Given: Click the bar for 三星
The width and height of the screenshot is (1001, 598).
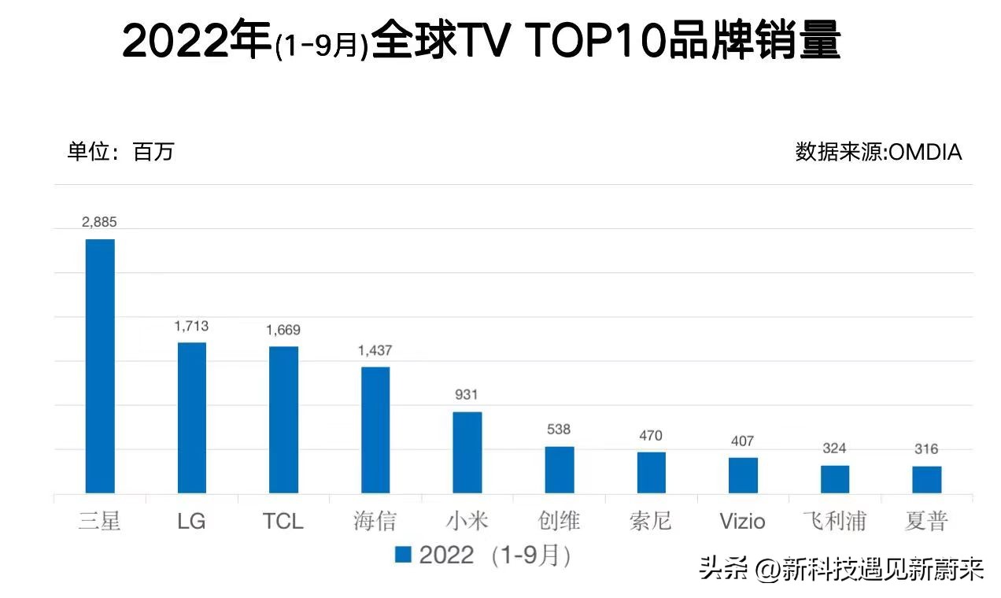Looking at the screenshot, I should pos(100,366).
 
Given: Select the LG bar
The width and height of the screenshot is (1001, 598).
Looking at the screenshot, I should pos(191,418).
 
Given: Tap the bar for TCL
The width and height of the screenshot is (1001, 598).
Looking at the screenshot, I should pos(283,419).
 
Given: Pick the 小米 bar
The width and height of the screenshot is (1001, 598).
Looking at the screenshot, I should pos(467,452).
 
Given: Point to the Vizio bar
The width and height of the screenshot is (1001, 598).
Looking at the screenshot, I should pos(743,475).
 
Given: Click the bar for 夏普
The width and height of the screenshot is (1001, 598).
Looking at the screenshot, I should pos(926,479).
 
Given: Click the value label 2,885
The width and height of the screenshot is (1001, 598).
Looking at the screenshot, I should pos(99,223).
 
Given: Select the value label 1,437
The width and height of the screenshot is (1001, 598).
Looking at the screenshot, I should pos(375,350).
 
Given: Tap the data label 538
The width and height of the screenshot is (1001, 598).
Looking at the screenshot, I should pos(559,430).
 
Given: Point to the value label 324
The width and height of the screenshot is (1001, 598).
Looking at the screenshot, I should pos(834,448).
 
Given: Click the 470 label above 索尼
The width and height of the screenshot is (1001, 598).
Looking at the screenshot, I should pos(651,435).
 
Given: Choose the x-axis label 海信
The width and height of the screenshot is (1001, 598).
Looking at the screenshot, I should pos(375,521).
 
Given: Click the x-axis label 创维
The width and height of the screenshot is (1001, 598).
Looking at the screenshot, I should pos(559,521).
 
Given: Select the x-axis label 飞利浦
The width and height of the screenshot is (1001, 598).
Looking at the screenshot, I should pos(834,521).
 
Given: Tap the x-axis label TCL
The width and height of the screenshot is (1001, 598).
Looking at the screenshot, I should pos(283,521).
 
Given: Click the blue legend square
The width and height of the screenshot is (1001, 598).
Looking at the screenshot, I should pos(403,556).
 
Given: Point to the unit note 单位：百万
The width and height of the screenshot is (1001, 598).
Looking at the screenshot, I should pos(120,151).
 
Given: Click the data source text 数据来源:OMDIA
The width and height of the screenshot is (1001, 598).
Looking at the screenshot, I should pos(878,151).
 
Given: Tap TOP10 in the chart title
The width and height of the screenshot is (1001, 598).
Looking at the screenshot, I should pos(595,41).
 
